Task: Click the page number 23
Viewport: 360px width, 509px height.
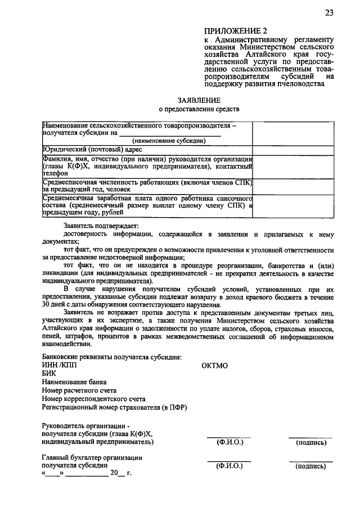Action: (x=329, y=13)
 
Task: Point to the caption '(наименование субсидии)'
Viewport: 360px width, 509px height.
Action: (x=169, y=141)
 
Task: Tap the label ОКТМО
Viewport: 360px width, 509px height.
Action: (x=214, y=366)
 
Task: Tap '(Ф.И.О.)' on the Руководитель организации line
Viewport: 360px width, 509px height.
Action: (x=229, y=443)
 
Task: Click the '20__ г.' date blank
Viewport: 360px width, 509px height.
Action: (x=120, y=474)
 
